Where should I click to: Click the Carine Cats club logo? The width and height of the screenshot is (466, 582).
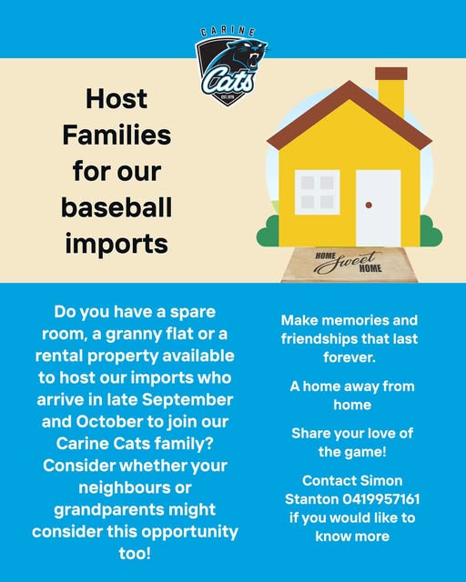(x=230, y=66)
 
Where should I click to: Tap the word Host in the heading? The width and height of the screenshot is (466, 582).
(x=116, y=99)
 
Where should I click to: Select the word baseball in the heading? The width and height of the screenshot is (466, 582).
(x=116, y=207)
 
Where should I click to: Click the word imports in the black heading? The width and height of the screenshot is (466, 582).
(x=116, y=244)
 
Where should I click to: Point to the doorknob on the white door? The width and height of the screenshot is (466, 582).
(x=369, y=205)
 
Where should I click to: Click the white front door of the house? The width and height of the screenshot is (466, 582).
(x=379, y=208)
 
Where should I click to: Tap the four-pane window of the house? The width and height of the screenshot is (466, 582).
(x=318, y=192)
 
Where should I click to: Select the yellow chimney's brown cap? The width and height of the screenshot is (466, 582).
(x=391, y=74)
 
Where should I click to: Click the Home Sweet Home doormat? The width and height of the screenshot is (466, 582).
(x=349, y=265)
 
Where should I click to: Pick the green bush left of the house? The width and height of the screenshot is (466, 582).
(x=268, y=231)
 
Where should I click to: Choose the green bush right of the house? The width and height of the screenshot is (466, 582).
(x=431, y=231)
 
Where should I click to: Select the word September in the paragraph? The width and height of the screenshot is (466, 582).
(x=187, y=400)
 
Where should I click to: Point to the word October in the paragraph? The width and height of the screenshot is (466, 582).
(x=109, y=422)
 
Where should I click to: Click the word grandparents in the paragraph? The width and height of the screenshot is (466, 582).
(x=111, y=510)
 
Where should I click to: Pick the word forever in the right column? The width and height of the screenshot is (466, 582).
(x=349, y=357)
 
